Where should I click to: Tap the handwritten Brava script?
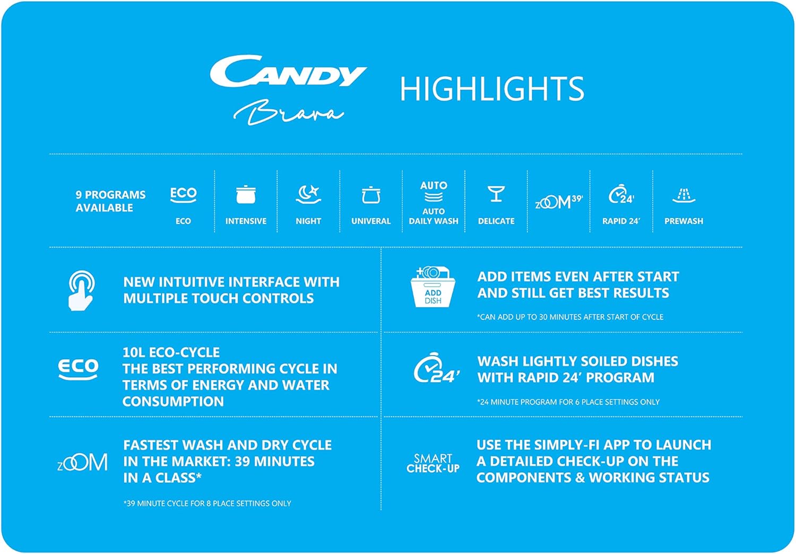click(x=288, y=112)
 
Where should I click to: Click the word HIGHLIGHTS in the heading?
click(x=492, y=89)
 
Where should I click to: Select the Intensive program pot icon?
click(x=246, y=195)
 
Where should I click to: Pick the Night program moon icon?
click(x=308, y=195)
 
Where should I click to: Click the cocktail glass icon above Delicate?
click(x=496, y=194)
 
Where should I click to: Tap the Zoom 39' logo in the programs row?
click(x=559, y=202)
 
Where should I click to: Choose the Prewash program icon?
click(x=683, y=196)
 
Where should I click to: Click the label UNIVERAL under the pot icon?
click(x=371, y=221)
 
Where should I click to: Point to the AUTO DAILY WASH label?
click(x=434, y=216)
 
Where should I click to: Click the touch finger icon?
click(x=81, y=290)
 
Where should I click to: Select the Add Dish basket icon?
click(x=433, y=287)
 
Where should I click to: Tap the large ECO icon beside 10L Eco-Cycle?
click(x=78, y=369)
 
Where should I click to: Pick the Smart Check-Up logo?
click(x=433, y=463)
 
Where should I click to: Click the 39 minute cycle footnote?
click(x=207, y=503)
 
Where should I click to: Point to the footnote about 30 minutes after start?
click(x=570, y=317)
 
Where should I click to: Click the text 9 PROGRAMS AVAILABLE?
click(x=110, y=201)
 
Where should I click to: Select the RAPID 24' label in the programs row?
click(x=621, y=221)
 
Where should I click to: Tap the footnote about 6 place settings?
click(x=568, y=402)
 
